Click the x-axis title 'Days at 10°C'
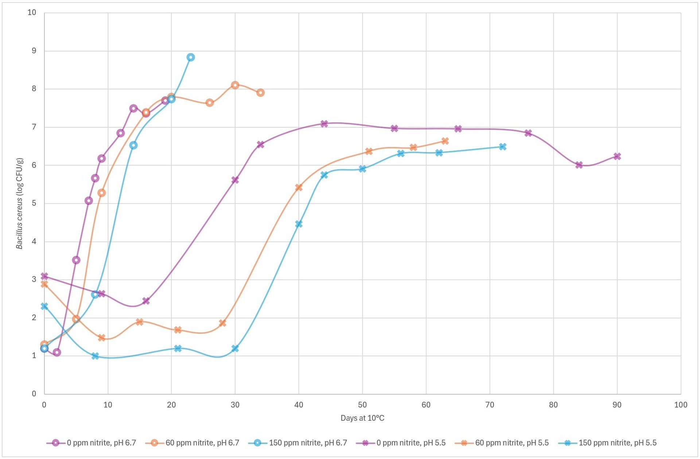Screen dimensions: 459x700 [x=362, y=418]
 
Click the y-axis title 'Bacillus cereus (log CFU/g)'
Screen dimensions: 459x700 [x=19, y=203]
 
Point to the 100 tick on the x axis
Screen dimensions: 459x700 [x=681, y=405]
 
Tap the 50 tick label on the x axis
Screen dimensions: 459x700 [x=362, y=405]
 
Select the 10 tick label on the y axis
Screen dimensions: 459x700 [x=32, y=13]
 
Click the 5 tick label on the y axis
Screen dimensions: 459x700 [x=34, y=203]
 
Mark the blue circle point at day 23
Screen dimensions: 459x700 [x=191, y=57]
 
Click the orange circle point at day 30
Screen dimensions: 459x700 [x=235, y=85]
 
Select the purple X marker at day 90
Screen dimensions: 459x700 [x=617, y=156]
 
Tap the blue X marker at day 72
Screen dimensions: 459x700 [x=503, y=147]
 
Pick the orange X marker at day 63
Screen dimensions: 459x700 [x=445, y=141]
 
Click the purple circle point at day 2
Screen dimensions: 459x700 [x=57, y=352]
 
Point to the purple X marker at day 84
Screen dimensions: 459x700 [x=579, y=165]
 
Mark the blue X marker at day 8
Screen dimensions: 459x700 [x=95, y=356]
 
